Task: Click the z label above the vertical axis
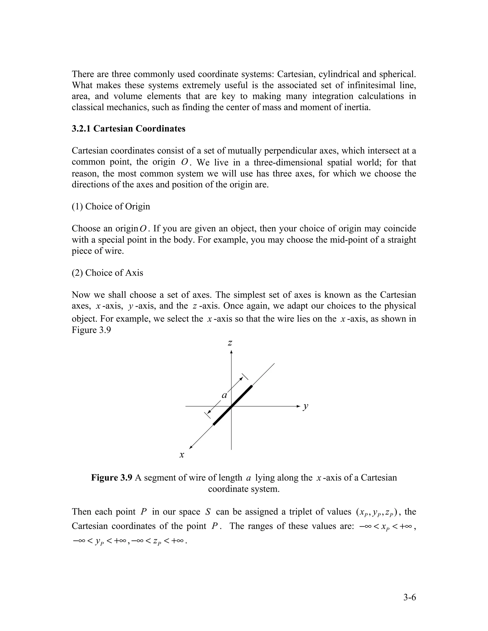coord(230,343)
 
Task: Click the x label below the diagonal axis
coord(182,455)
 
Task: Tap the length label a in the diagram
coord(224,395)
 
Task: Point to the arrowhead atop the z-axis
coord(231,352)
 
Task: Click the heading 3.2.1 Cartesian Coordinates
coord(128,129)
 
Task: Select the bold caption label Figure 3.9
coord(112,478)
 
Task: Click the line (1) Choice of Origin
coord(111,207)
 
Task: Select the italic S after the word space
coord(208,512)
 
